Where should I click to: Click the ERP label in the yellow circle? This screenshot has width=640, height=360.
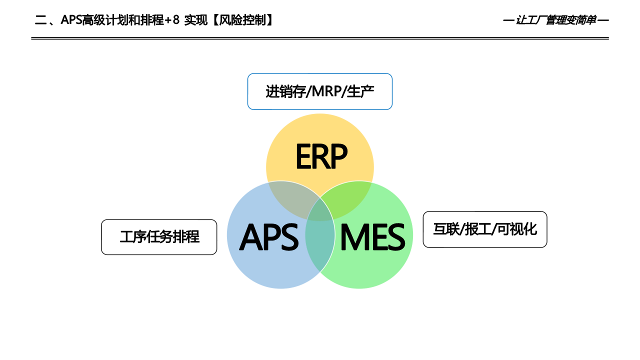[321, 156]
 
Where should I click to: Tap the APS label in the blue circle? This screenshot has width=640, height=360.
[269, 237]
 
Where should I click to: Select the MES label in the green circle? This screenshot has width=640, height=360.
[372, 237]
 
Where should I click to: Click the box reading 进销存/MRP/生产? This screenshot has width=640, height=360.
[320, 91]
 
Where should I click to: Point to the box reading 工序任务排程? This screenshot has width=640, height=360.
[159, 237]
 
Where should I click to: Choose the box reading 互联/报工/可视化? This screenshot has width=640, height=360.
[485, 229]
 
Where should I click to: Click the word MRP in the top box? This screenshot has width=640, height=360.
[328, 92]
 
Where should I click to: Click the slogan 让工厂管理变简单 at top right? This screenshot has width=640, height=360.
[555, 20]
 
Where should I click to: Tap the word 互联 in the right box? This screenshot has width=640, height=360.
[446, 229]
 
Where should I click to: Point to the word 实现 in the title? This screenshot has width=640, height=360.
[194, 20]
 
